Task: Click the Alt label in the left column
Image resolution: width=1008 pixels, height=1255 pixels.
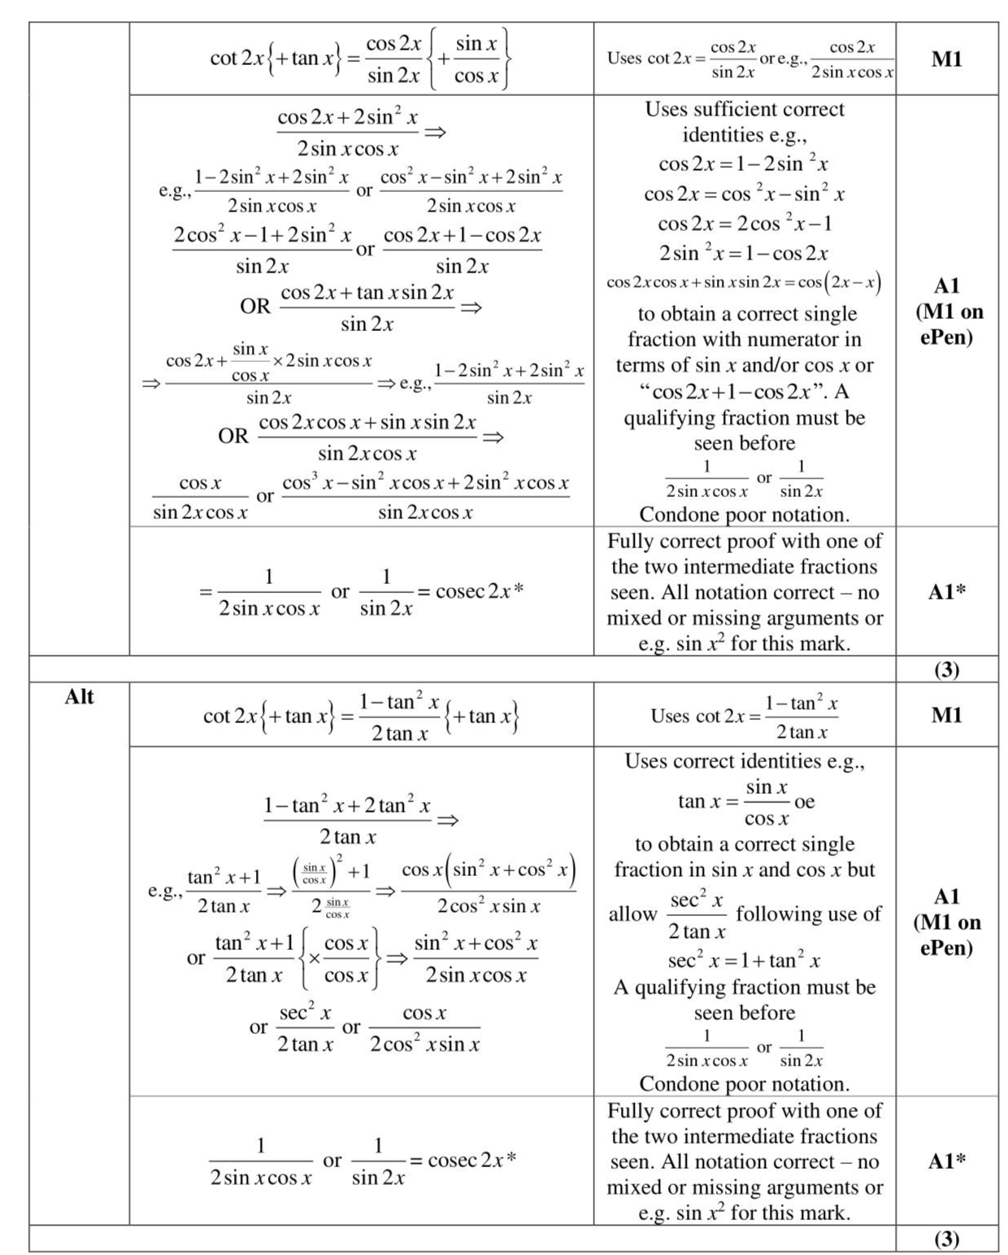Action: tap(79, 697)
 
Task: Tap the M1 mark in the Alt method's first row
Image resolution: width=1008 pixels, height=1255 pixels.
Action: tap(946, 715)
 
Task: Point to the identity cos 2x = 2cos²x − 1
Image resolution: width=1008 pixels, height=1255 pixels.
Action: tap(745, 224)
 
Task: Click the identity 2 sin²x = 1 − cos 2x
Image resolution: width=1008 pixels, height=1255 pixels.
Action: tap(744, 253)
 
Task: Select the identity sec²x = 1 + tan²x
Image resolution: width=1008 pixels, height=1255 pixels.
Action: tap(744, 961)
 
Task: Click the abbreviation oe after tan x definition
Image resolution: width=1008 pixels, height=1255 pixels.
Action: tap(804, 801)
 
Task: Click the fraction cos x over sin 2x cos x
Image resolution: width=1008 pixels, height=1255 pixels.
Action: tap(200, 497)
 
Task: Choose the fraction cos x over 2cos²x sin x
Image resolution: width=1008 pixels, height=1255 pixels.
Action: tap(424, 1028)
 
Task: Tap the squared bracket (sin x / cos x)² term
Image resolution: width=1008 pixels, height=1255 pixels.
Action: tap(318, 873)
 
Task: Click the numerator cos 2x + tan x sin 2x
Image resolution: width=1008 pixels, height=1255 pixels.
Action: tap(367, 293)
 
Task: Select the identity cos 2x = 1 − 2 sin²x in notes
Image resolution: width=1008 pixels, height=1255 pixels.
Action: tap(744, 163)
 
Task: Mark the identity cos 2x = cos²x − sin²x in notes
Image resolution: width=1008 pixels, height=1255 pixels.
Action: tap(744, 194)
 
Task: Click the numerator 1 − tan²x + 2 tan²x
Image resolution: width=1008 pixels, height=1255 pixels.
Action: tap(346, 806)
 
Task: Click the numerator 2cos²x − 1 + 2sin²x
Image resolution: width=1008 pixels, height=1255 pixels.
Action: tap(262, 236)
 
